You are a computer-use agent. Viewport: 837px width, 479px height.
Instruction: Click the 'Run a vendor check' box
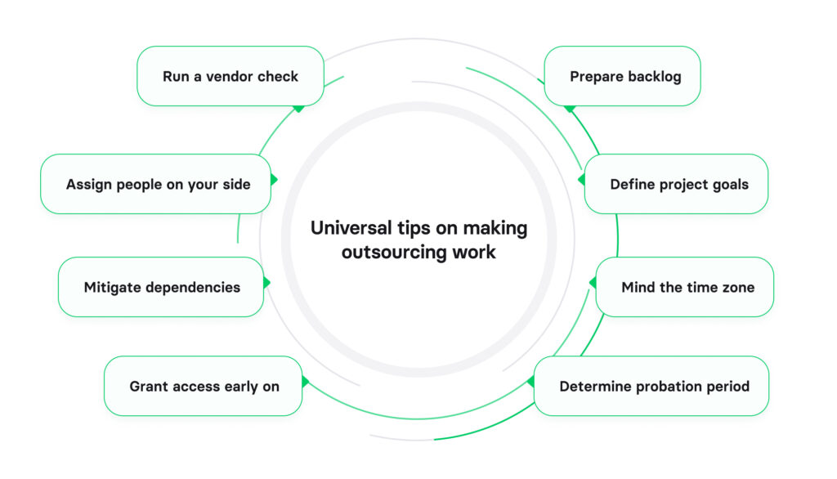230,76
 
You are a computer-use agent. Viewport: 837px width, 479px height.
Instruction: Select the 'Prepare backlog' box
622,76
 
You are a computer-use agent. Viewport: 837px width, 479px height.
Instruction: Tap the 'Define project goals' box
676,184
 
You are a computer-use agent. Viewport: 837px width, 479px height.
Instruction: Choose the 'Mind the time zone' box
684,287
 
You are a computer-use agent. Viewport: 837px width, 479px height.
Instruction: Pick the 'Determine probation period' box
651,386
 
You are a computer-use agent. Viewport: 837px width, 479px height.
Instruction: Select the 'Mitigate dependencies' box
160,287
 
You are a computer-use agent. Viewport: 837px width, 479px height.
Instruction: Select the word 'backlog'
655,76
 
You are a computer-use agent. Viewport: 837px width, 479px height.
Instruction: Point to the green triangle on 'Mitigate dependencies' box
266,283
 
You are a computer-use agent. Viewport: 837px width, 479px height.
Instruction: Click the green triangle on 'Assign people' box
274,179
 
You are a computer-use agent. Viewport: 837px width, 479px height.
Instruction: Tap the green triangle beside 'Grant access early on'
305,382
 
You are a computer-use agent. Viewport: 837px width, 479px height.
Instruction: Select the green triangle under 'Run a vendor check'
298,108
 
